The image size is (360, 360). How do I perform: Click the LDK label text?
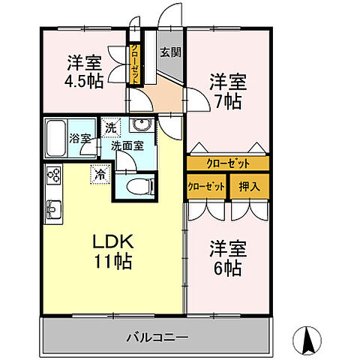pyautogui.click(x=112, y=242)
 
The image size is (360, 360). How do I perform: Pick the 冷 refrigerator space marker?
pyautogui.click(x=100, y=174)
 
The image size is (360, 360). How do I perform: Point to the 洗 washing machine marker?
pyautogui.click(x=110, y=127)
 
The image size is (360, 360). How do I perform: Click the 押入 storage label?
pyautogui.click(x=250, y=185)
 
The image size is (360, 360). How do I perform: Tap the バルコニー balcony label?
pyautogui.click(x=156, y=337)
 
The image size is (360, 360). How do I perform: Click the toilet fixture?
pyautogui.click(x=137, y=186)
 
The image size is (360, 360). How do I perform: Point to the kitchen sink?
pyautogui.click(x=54, y=208)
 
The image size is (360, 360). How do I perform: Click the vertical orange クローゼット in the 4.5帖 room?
pyautogui.click(x=135, y=65)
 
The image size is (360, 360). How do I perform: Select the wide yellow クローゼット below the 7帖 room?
pyautogui.click(x=227, y=163)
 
